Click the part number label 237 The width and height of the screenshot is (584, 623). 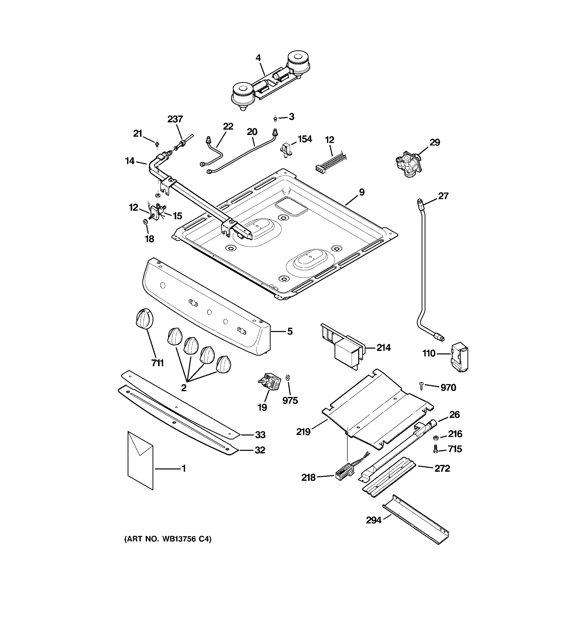175,119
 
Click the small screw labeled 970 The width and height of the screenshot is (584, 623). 422,386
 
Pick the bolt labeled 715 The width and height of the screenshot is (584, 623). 435,449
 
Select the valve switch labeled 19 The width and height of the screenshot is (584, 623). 269,381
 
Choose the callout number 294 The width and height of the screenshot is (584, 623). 374,520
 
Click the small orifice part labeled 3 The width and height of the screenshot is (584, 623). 275,118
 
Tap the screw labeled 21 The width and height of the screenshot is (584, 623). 157,144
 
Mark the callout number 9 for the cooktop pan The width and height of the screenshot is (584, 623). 362,192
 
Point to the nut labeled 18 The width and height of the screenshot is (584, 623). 145,222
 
